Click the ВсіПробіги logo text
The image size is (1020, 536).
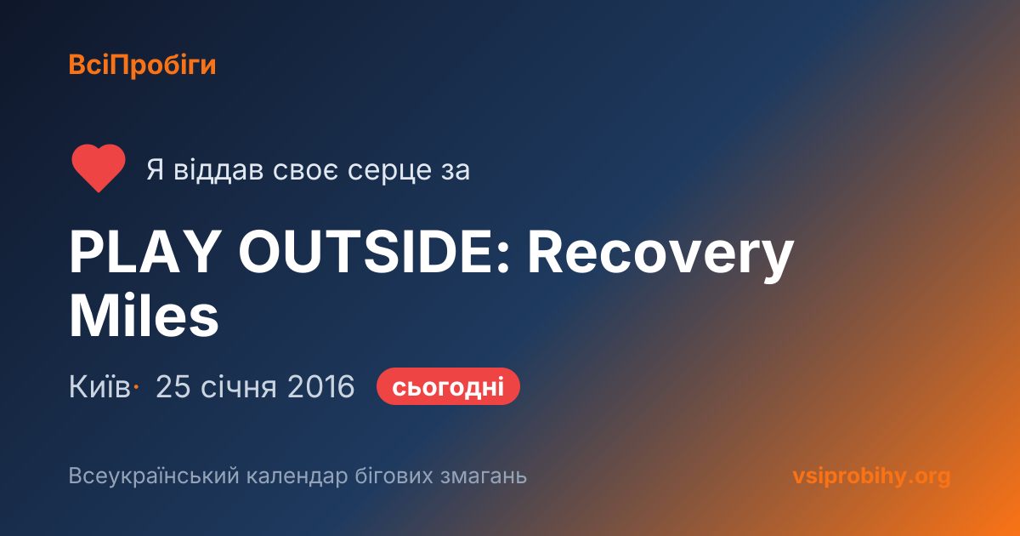tap(142, 66)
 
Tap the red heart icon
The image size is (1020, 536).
tap(99, 168)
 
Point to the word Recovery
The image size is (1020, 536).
tap(660, 255)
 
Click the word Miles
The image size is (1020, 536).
tap(144, 316)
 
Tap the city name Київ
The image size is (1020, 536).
tap(99, 386)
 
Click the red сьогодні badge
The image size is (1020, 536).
tap(448, 386)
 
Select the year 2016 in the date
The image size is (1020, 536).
tap(321, 386)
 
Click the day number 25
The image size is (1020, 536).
tap(173, 386)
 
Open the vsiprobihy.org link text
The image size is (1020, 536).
tap(871, 476)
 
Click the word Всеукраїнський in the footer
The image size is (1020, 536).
tap(154, 476)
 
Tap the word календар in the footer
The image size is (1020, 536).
tap(297, 476)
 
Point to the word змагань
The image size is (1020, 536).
tap(484, 476)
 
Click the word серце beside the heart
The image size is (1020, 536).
tap(389, 170)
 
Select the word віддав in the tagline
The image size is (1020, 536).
tap(218, 169)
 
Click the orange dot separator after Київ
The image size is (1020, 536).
tap(136, 387)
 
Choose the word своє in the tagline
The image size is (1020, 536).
tap(305, 170)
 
